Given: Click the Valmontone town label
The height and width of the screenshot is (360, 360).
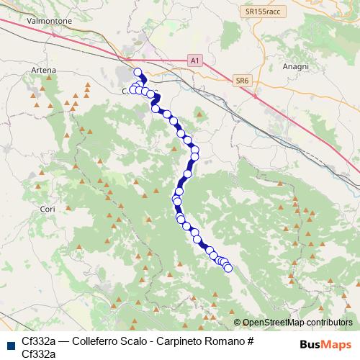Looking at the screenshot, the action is click(49, 22).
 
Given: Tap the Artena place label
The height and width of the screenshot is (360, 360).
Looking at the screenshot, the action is click(44, 71).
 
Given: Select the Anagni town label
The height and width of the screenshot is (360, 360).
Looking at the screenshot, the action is click(295, 66).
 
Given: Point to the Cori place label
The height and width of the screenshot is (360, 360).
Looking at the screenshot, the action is click(48, 209).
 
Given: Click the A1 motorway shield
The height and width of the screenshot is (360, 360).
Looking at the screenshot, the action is click(194, 61).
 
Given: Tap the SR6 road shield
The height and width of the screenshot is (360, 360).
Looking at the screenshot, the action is click(242, 82).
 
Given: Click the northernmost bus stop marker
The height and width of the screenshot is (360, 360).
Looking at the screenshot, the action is click(138, 72).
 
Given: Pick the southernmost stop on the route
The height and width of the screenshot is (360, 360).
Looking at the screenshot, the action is click(229, 269).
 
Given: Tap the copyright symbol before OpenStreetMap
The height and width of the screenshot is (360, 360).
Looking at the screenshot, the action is click(238, 323).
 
